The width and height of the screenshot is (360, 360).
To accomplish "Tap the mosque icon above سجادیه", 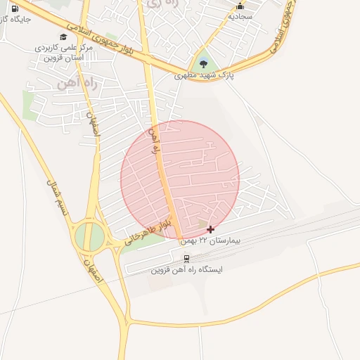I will (x=240, y=5).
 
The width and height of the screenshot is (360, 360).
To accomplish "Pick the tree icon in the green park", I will (x=203, y=62).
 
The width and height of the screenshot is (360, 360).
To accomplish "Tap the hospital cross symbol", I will (x=210, y=229).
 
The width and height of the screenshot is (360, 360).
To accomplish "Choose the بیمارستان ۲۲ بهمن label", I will (x=210, y=240).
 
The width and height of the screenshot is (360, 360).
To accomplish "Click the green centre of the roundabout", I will (x=91, y=236).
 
